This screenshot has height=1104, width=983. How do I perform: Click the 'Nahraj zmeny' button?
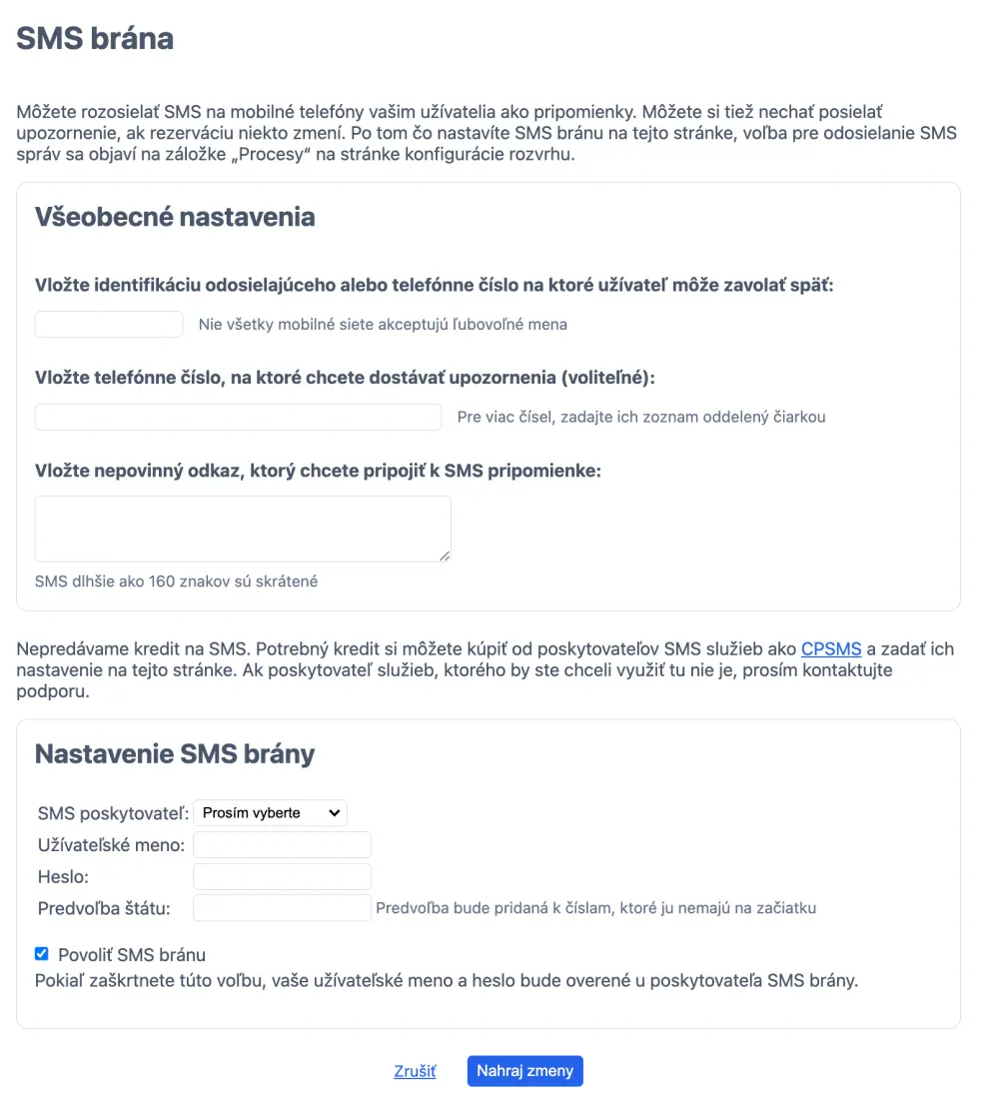524,1071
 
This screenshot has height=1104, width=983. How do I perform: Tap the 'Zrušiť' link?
415,1071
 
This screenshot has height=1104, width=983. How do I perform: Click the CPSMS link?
831,649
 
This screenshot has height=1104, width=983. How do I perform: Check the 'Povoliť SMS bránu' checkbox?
42,954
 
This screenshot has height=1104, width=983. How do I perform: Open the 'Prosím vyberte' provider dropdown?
270,813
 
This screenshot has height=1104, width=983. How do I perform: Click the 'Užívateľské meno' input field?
282,845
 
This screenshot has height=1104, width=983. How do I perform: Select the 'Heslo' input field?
282,877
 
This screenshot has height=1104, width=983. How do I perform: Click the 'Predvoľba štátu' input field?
282,908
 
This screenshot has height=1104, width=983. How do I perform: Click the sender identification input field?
109,324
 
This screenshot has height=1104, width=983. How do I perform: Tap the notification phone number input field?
238,417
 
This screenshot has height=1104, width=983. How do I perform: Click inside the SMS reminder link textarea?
243,529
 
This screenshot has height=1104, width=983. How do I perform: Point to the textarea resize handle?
445,555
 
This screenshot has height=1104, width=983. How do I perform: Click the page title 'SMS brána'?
95,38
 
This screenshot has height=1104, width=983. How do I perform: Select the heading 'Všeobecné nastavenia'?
175,217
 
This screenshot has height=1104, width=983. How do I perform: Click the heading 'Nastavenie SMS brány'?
175,753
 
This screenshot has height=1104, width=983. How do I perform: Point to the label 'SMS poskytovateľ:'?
113,813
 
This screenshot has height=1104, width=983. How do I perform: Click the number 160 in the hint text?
162,581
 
